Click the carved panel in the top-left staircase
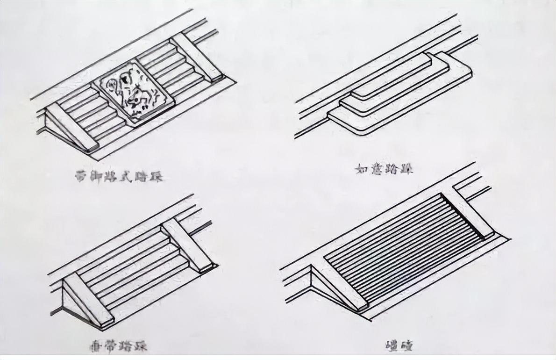point(134,92)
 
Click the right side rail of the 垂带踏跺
point(187,245)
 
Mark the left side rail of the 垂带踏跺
point(89,300)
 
